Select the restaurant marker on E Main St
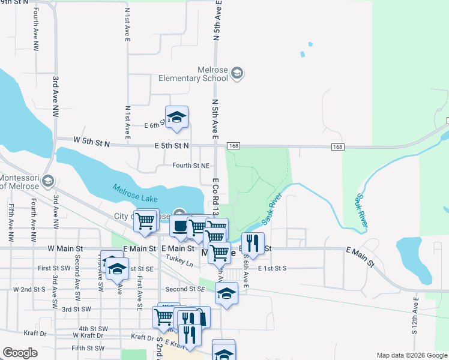coord(253,243)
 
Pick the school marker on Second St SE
coord(226,295)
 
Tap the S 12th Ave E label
coord(415,323)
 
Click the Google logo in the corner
coord(20,353)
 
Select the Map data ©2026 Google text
coord(412,355)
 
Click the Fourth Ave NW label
coord(36,29)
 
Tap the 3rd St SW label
coord(76,309)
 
